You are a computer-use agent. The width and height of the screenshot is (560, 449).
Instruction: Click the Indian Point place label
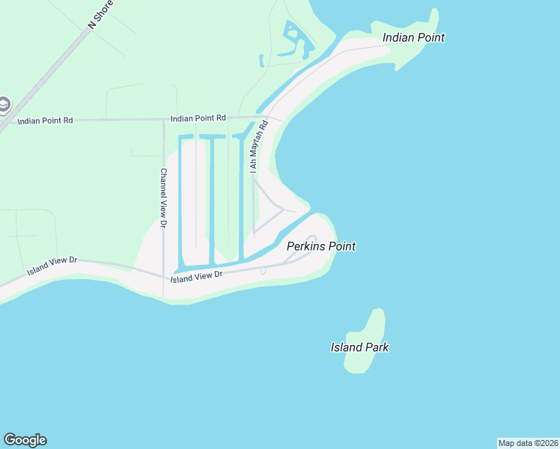click(x=413, y=37)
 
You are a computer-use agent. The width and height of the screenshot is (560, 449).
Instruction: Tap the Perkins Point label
click(x=321, y=246)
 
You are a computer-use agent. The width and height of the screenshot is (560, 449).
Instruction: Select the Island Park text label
click(x=359, y=347)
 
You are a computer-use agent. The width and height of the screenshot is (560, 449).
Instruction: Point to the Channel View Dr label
click(x=163, y=192)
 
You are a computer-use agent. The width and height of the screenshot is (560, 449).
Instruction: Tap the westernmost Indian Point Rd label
click(x=45, y=120)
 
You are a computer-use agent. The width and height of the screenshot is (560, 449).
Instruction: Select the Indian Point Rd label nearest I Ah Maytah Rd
click(x=198, y=118)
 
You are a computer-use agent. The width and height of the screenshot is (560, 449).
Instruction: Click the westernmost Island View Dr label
click(x=52, y=265)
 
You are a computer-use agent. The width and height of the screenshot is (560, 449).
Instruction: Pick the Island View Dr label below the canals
click(x=197, y=275)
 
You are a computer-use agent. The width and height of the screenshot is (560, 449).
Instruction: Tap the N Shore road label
click(x=103, y=14)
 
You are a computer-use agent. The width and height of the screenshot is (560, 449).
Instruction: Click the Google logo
click(x=25, y=440)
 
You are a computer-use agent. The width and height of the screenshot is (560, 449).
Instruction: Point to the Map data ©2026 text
click(x=528, y=442)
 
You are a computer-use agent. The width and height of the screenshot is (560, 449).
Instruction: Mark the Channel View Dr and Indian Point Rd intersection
click(x=163, y=120)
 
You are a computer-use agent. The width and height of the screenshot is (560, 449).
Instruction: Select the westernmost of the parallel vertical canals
click(x=180, y=202)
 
